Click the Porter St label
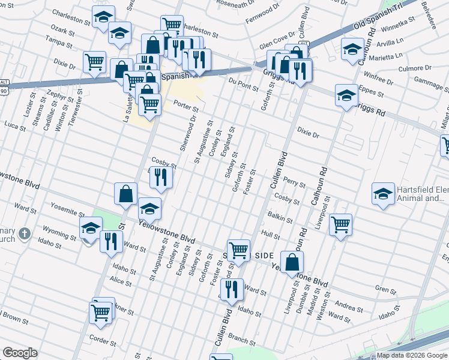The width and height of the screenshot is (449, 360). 186,107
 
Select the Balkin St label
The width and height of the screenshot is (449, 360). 277,215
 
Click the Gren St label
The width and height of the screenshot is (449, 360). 383,289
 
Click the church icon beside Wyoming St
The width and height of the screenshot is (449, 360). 24,233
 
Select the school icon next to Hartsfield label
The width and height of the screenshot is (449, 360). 383,193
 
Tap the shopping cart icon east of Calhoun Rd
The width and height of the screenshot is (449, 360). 340,224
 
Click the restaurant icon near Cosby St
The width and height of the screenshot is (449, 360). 160,176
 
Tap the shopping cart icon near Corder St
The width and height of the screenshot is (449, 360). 100,312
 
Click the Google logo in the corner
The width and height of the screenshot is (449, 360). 20,353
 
